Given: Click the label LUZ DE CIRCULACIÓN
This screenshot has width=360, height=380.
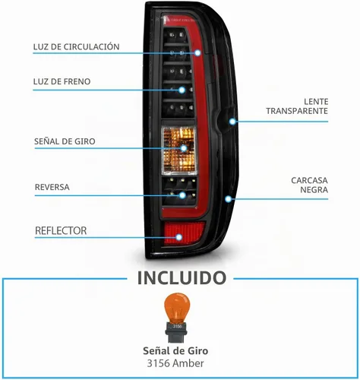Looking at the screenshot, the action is click(76, 47).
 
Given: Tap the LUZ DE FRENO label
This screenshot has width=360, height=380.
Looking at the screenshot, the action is click(62, 81).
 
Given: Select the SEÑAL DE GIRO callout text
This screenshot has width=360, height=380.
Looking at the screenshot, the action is click(65, 141).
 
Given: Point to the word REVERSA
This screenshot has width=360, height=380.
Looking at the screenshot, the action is click(52, 187).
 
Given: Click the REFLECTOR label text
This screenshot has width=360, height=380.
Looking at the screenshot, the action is click(61, 231).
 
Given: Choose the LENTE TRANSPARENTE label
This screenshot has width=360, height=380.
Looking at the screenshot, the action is click(297, 106).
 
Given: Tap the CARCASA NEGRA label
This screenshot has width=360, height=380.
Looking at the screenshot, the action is click(309, 185).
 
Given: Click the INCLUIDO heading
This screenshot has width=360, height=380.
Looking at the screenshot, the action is click(182, 278).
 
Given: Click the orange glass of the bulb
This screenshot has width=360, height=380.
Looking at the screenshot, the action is click(177, 307).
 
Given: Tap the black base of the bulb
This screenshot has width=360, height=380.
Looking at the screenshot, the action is click(177, 331).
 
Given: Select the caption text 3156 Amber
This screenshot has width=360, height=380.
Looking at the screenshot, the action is click(175, 363).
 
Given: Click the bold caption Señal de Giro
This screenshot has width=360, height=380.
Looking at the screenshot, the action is click(175, 351).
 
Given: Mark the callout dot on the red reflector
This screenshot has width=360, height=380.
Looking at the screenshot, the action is click(179, 237).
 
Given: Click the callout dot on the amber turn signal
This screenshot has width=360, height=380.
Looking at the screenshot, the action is click(184, 148).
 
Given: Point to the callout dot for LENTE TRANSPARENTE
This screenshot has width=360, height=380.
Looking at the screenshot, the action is click(232, 122).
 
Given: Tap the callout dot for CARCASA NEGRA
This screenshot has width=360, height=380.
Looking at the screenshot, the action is click(229, 199).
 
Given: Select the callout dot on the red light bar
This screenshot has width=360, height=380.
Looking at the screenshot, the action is click(197, 53).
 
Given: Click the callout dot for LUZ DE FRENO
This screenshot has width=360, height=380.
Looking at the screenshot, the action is click(182, 90).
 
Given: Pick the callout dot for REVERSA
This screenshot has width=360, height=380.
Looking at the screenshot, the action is click(182, 195).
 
